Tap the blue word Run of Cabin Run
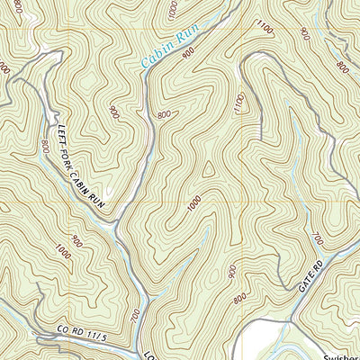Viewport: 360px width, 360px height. coord(188,37)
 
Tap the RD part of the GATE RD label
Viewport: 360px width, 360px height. coord(316,263)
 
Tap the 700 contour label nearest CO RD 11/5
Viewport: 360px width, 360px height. coord(135,315)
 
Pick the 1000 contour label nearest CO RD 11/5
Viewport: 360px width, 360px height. coord(62,255)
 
